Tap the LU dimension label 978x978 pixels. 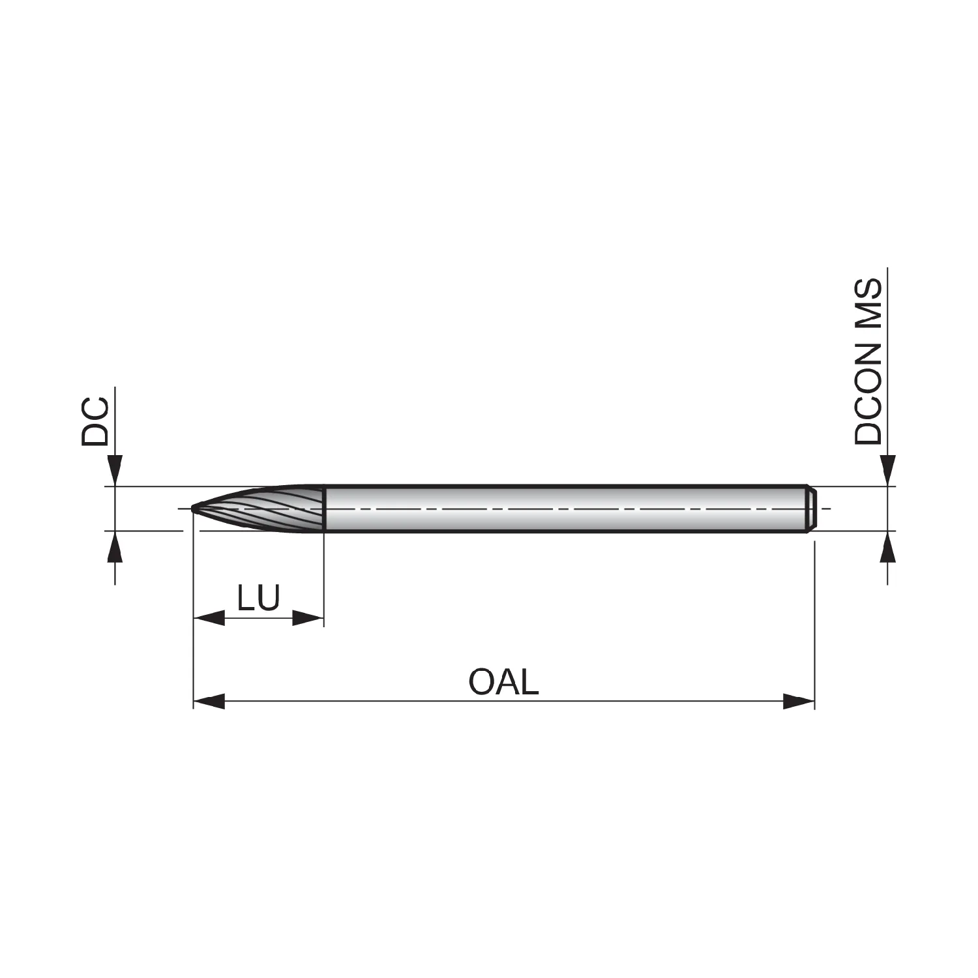[259, 597]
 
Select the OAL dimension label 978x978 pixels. [503, 681]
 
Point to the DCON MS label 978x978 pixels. [868, 362]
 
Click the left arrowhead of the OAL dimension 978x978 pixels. [209, 702]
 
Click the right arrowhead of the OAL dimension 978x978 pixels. [799, 702]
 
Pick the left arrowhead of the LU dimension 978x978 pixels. [209, 618]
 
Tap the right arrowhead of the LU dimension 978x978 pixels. [308, 618]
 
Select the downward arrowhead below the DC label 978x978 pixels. [115, 471]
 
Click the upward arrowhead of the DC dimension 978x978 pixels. [115, 546]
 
